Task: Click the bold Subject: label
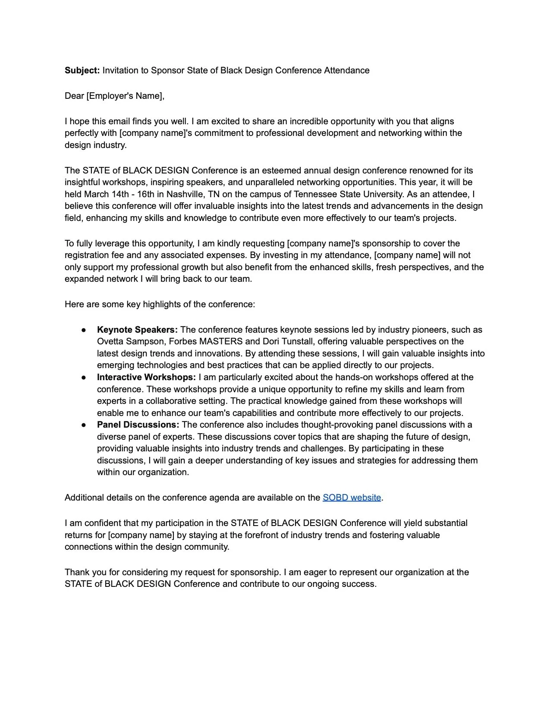(x=82, y=70)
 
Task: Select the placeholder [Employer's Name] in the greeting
(x=125, y=96)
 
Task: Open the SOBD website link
(x=352, y=498)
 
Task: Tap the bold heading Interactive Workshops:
(x=146, y=377)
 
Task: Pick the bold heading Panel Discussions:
(x=138, y=425)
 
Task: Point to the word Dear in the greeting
(x=74, y=96)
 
